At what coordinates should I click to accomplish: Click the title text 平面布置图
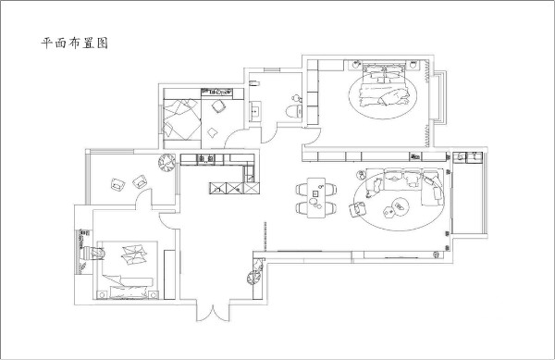74,43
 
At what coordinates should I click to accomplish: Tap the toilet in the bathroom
293,111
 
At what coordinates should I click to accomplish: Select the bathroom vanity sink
255,111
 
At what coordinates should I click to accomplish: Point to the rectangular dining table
316,197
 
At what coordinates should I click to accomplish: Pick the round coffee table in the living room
401,206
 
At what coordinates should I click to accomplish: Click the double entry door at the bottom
213,313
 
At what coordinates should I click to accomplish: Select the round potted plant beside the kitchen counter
166,162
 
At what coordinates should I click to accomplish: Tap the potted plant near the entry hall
255,277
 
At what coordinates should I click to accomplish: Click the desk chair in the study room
218,106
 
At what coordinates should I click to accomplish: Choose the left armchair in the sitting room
117,184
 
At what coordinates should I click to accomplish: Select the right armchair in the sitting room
140,181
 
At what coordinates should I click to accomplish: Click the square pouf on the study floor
212,132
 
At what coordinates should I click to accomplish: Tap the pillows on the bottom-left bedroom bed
133,254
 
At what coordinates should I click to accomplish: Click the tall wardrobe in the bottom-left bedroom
169,274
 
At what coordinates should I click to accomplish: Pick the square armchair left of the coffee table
357,208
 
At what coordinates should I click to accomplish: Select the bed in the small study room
182,119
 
